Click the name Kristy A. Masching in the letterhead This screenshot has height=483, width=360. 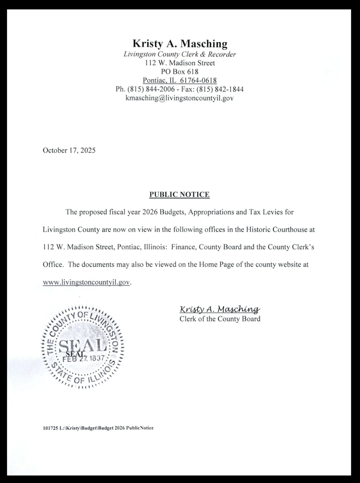click(x=180, y=44)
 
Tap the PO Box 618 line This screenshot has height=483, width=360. click(x=180, y=72)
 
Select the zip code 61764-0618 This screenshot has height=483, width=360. click(x=198, y=80)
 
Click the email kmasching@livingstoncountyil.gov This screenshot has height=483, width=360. click(x=180, y=98)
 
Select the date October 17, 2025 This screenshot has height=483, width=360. click(x=69, y=151)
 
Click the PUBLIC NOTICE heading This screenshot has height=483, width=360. click(x=180, y=195)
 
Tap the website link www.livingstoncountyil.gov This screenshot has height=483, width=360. click(x=86, y=282)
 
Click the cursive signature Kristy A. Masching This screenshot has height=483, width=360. click(x=219, y=310)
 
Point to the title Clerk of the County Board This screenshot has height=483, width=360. click(x=220, y=319)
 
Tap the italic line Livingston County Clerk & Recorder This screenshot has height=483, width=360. click(x=180, y=54)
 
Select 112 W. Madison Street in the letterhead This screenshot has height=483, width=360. click(x=180, y=63)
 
